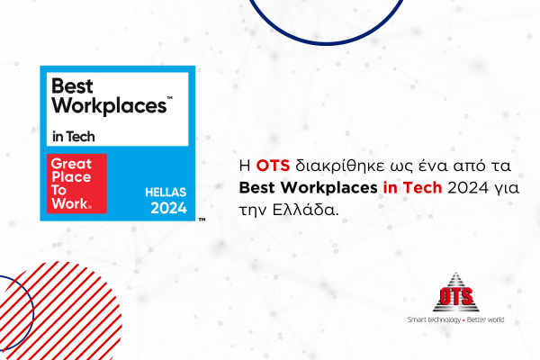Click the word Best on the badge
[72, 85]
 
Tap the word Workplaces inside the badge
[109, 106]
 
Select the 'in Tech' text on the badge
[74, 137]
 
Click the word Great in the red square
[71, 164]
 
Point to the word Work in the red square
[70, 203]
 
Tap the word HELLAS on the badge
[166, 192]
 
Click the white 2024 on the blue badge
[169, 208]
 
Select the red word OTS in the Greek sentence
[273, 166]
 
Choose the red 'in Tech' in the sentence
[412, 188]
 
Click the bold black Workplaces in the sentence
[328, 188]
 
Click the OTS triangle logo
[455, 292]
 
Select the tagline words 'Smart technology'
[434, 319]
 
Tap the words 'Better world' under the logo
[485, 319]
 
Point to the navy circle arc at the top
[327, 42]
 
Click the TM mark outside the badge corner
[202, 220]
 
